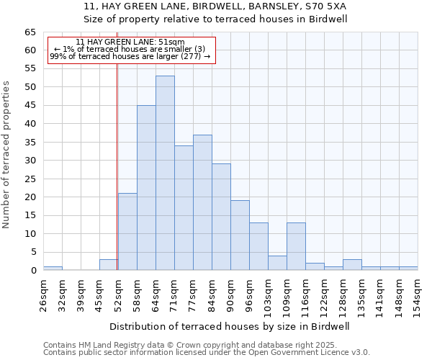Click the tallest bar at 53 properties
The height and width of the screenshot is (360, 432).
click(x=165, y=173)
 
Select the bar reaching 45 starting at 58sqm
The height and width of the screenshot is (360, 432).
click(x=146, y=188)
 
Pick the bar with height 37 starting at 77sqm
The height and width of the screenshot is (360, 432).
click(x=202, y=202)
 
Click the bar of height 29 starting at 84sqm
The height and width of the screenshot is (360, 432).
click(x=221, y=217)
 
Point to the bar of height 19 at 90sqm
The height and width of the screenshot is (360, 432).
click(x=240, y=235)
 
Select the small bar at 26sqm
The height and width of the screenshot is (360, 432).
click(x=53, y=268)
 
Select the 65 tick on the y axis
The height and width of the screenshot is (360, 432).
click(x=30, y=32)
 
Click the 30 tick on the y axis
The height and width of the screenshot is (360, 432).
click(x=30, y=161)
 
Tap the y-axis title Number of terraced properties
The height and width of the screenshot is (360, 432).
click(x=7, y=155)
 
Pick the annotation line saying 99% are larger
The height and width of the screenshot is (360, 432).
click(x=130, y=56)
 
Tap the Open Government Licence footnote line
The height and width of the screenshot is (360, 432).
click(x=207, y=353)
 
